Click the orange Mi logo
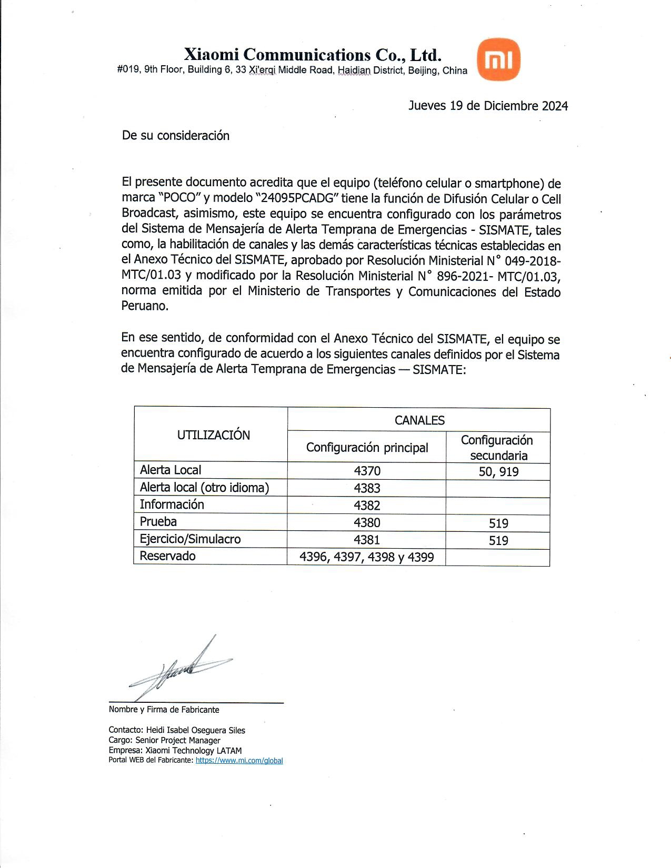click(498, 59)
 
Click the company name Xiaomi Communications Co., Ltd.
click(313, 55)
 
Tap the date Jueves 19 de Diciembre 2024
click(488, 106)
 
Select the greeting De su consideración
click(176, 136)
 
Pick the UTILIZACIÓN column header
click(213, 435)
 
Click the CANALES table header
click(419, 420)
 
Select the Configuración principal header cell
click(367, 448)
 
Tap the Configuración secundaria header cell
click(498, 448)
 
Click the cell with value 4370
click(367, 471)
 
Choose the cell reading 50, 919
click(498, 472)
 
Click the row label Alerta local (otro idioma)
click(204, 488)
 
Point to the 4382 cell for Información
click(367, 506)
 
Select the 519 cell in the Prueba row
click(498, 523)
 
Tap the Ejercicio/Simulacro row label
click(190, 539)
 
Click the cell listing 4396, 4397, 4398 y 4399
click(367, 557)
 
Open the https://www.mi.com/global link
click(239, 761)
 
